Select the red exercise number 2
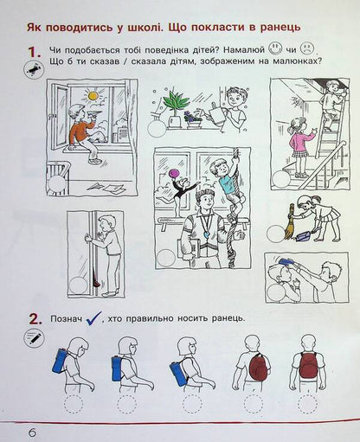pyautogui.click(x=34, y=319)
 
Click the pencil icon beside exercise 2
pyautogui.click(x=34, y=338)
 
